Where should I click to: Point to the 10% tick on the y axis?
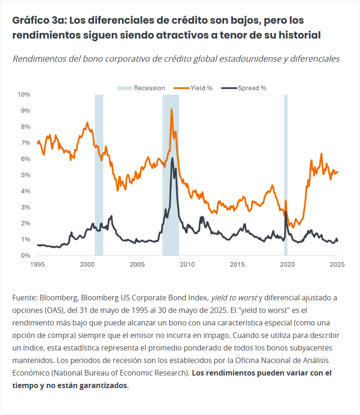click(x=24, y=95)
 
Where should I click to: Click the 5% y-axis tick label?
click(x=26, y=175)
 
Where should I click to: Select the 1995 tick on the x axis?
click(x=37, y=264)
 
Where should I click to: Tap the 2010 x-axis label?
click(x=187, y=264)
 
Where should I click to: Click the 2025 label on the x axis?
click(x=337, y=264)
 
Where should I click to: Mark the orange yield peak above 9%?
click(x=171, y=110)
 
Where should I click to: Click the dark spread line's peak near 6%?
click(x=173, y=158)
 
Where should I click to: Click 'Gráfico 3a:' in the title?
click(x=38, y=20)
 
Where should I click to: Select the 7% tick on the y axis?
click(x=26, y=143)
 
